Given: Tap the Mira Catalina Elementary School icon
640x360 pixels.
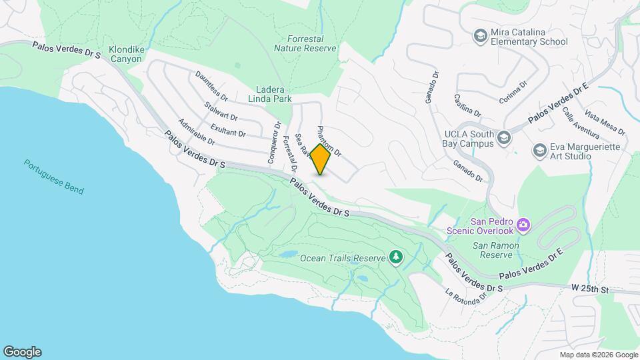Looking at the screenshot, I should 479,35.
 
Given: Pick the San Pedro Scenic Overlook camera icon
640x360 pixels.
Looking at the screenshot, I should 524,225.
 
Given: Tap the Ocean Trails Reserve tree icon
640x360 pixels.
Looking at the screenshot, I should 396,257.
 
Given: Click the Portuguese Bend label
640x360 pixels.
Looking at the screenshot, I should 54,177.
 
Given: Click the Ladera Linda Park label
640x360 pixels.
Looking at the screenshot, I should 275,94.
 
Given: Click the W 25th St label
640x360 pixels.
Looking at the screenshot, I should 591,289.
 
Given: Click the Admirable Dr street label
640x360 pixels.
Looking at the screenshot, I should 196,132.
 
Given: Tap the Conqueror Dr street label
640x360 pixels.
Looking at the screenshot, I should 273,143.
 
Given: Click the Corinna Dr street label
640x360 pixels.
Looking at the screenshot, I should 513,93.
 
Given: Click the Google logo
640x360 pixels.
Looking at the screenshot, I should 22,352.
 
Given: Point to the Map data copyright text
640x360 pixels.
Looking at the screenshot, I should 599,355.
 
